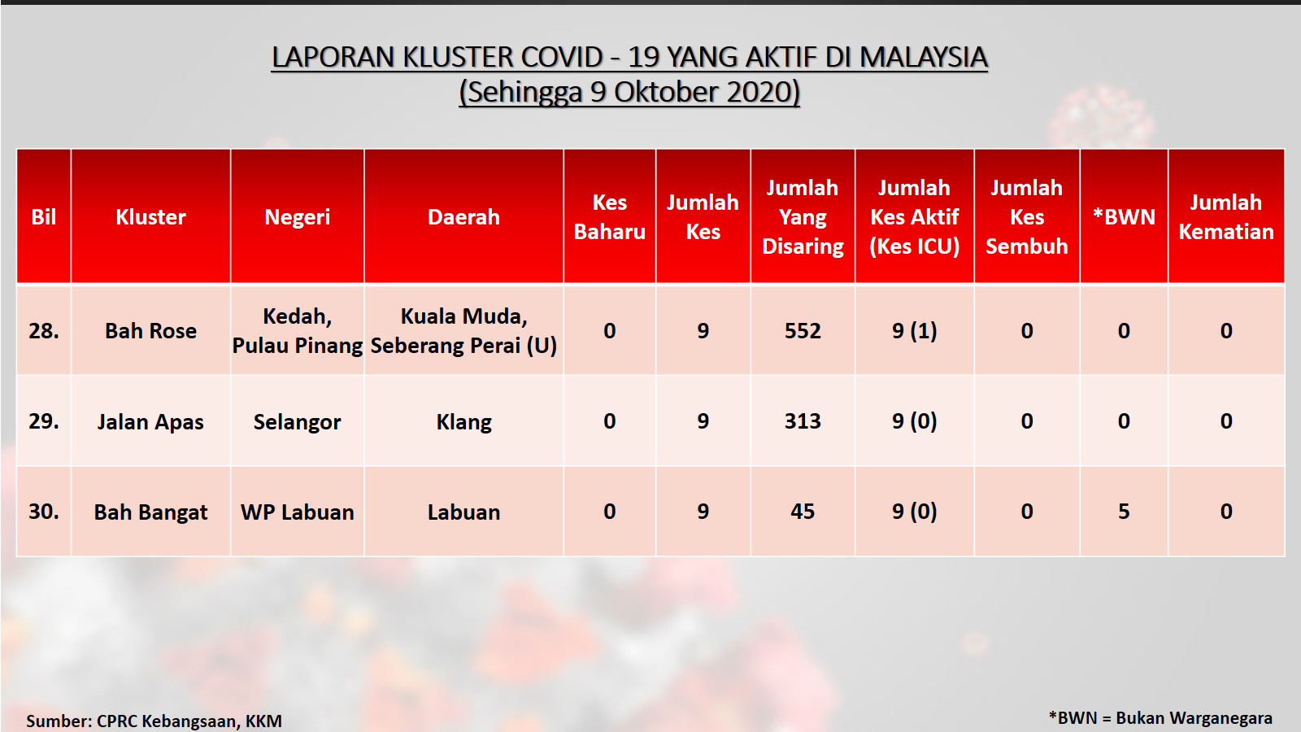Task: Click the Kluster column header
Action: [x=150, y=216]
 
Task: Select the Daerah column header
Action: [x=463, y=216]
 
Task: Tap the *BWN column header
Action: [x=1124, y=216]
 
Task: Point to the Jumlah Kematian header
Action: [x=1226, y=216]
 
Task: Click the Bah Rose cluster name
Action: [x=150, y=330]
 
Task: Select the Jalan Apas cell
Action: [x=150, y=422]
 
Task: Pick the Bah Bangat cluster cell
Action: [x=150, y=512]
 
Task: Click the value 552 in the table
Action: [x=803, y=330]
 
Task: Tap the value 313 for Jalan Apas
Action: [x=803, y=421]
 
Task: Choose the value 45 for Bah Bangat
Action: [x=803, y=512]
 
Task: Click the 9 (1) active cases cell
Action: [x=914, y=330]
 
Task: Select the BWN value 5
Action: [x=1124, y=512]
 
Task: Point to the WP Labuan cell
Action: [x=298, y=512]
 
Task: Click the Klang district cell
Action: [x=463, y=422]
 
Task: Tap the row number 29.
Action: [x=44, y=421]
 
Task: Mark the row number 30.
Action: [x=44, y=512]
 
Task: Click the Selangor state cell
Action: [x=298, y=422]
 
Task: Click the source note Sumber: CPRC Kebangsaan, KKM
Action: [x=154, y=721]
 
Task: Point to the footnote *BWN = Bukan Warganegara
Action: [x=1160, y=718]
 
